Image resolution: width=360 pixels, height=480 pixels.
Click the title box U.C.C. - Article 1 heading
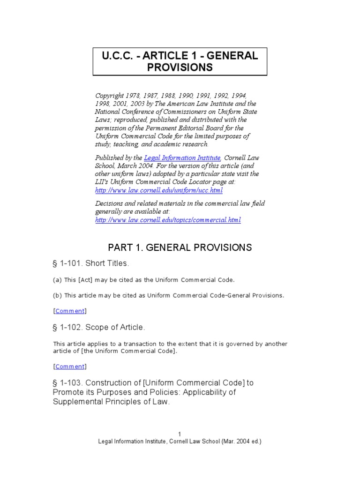pos(180,61)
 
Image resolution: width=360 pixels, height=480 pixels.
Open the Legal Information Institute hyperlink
pos(182,158)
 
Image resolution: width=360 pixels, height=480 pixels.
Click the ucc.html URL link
pos(159,190)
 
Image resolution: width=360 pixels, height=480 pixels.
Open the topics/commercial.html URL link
pos(168,220)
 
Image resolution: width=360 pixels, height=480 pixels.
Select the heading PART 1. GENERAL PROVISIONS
pos(180,247)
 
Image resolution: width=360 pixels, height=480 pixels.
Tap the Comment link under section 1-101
pos(70,310)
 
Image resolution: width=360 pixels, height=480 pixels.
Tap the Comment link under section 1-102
pos(70,366)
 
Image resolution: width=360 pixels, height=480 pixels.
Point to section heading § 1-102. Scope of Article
pos(99,327)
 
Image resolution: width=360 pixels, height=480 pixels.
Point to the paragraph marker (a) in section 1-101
pos(57,280)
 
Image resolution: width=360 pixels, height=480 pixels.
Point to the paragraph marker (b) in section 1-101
pos(57,295)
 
